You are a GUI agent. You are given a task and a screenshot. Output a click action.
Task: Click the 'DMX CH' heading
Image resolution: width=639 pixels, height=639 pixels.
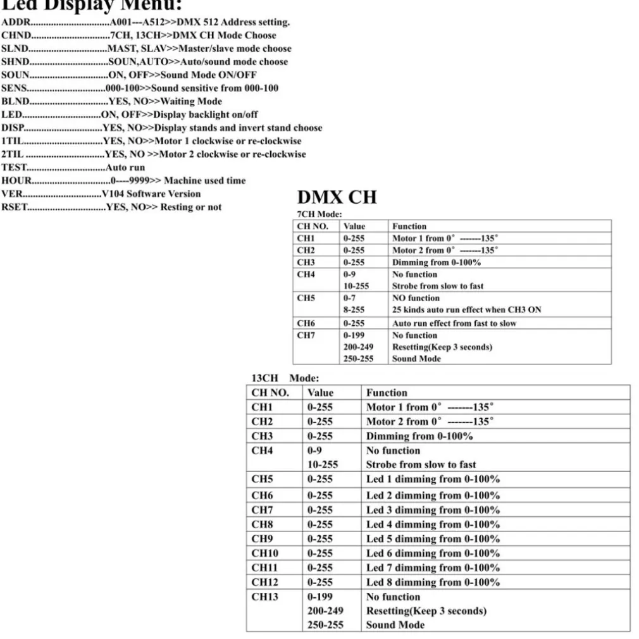tap(337, 197)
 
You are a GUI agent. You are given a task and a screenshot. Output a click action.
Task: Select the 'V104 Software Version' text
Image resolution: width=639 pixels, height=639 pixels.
tap(151, 194)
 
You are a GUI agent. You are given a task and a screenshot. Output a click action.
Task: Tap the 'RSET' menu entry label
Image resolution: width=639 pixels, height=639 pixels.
tap(15, 207)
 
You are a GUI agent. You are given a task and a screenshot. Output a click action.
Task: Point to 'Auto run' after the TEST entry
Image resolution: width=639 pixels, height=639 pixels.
tap(125, 168)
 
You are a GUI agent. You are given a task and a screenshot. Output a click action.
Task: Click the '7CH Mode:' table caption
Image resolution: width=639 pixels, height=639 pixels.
tap(319, 214)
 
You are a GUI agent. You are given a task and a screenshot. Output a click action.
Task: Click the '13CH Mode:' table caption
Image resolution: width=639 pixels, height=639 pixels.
tap(285, 378)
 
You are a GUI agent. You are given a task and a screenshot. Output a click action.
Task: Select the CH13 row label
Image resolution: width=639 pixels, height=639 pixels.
tap(264, 597)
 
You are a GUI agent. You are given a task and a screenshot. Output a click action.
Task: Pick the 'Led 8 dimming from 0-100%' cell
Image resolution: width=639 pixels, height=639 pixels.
tap(433, 582)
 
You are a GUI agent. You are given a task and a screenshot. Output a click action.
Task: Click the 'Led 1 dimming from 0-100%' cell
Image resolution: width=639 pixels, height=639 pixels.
tap(433, 479)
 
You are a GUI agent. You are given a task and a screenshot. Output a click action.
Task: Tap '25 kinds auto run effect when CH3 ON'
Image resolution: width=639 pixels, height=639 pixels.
tap(466, 310)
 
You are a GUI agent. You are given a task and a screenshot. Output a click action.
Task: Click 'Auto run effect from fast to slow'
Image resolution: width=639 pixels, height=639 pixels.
tap(454, 323)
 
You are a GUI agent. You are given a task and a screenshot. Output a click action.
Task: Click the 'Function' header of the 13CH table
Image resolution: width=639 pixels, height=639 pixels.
tap(387, 392)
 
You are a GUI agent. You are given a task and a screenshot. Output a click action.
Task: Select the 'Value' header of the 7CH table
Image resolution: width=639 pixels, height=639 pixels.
tap(354, 226)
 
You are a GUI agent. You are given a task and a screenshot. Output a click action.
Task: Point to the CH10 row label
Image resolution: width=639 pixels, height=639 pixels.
tap(264, 553)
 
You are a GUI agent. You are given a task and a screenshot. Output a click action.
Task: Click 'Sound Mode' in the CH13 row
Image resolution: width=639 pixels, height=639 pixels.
tap(395, 625)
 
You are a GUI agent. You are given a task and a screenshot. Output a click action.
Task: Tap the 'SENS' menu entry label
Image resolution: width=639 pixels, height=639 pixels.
tap(14, 88)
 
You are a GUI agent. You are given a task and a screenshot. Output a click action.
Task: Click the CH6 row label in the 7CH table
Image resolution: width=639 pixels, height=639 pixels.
tap(306, 323)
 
